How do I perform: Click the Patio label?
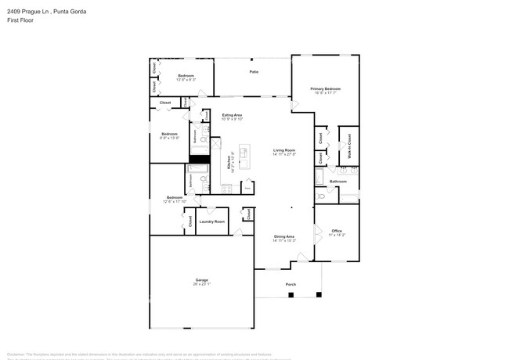pyautogui.click(x=254, y=72)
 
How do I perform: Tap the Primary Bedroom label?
pyautogui.click(x=325, y=89)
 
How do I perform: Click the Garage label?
pyautogui.click(x=201, y=279)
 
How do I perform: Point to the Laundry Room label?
pyautogui.click(x=211, y=221)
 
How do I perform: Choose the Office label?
pyautogui.click(x=337, y=230)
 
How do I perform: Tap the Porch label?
pyautogui.click(x=291, y=284)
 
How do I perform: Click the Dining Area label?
pyautogui.click(x=283, y=236)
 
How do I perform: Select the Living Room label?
pyautogui.click(x=283, y=150)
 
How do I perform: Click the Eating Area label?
pyautogui.click(x=233, y=115)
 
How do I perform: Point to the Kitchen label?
pyautogui.click(x=229, y=163)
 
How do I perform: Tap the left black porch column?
pyautogui.click(x=291, y=295)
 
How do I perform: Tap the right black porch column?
pyautogui.click(x=318, y=295)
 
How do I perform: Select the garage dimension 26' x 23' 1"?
pyautogui.click(x=201, y=284)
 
